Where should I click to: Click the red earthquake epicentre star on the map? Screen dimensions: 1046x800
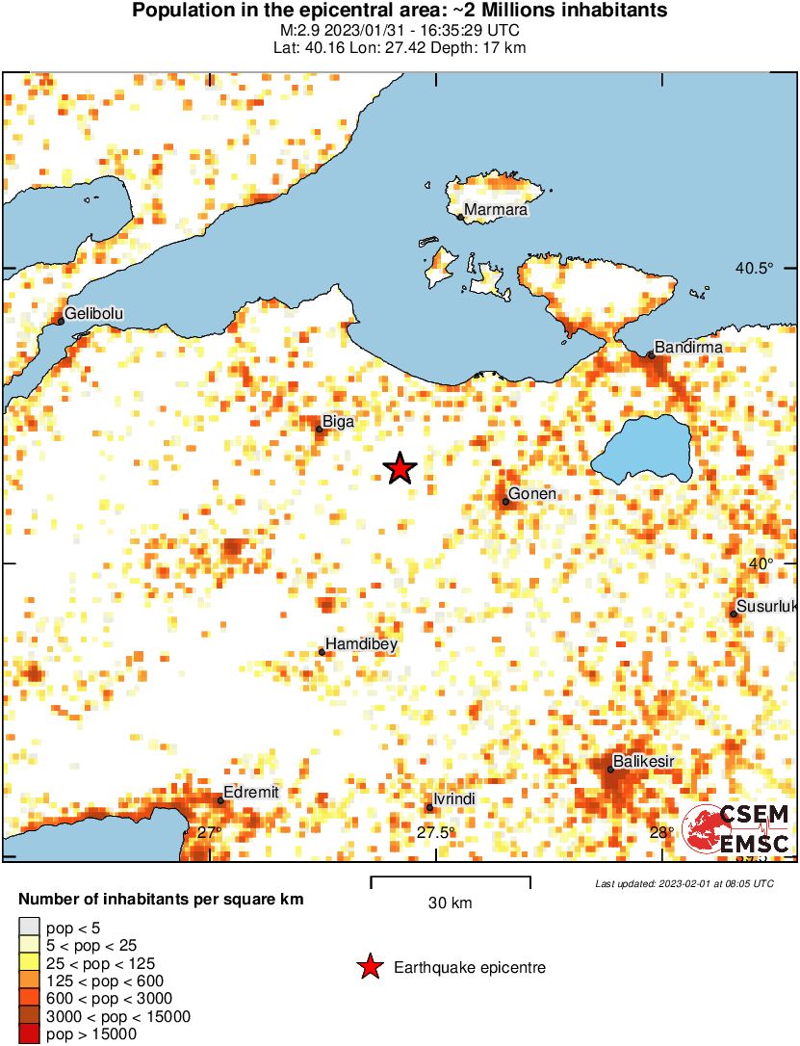[x=400, y=469]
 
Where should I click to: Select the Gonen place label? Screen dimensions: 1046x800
[x=532, y=494]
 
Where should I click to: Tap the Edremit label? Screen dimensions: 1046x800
[x=251, y=792]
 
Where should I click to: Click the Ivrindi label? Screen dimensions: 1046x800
[x=455, y=799]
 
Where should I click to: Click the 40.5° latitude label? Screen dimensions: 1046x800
[x=754, y=268]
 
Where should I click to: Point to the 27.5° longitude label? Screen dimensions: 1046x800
[x=436, y=832]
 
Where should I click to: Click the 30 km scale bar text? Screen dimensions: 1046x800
[x=450, y=903]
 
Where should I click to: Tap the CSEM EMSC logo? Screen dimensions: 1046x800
[x=735, y=829]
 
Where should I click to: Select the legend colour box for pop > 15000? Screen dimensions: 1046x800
[x=29, y=1035]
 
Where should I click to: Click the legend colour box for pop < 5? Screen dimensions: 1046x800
[x=29, y=927]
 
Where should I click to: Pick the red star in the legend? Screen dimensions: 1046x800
[x=369, y=967]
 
